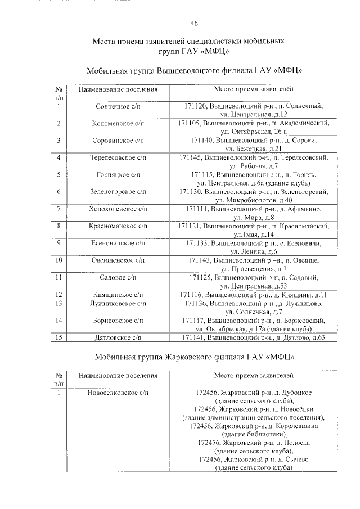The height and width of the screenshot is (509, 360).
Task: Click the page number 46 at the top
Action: point(194,23)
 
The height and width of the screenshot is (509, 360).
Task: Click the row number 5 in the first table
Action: point(58,175)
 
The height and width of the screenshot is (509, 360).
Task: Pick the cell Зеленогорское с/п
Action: point(118,192)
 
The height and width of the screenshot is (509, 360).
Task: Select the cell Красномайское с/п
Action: point(118,226)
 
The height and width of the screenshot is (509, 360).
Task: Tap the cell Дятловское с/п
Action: point(118,337)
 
